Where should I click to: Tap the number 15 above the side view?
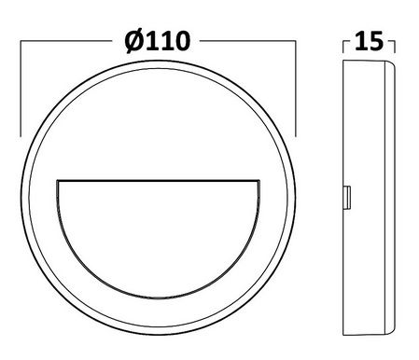pos(370,42)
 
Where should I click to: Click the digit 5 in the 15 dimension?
pos(378,42)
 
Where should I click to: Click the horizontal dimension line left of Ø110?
pos(65,41)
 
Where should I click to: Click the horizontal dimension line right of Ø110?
pos(247,41)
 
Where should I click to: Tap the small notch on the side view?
pos(348,198)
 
